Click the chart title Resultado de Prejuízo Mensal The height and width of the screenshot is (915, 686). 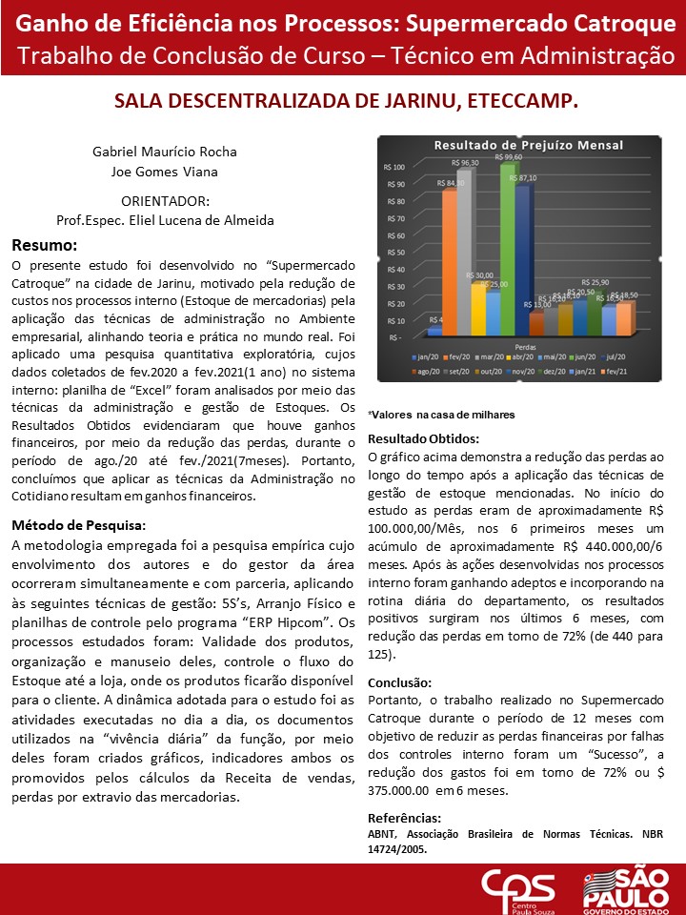[528, 145]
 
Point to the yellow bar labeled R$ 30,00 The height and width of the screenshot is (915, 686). [478, 305]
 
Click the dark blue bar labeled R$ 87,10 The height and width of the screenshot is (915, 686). [522, 257]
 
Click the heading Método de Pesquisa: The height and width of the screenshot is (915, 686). [78, 525]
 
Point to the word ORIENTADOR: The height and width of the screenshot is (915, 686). [164, 202]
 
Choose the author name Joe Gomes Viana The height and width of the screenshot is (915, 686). [164, 172]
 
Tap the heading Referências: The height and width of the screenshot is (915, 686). [404, 818]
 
